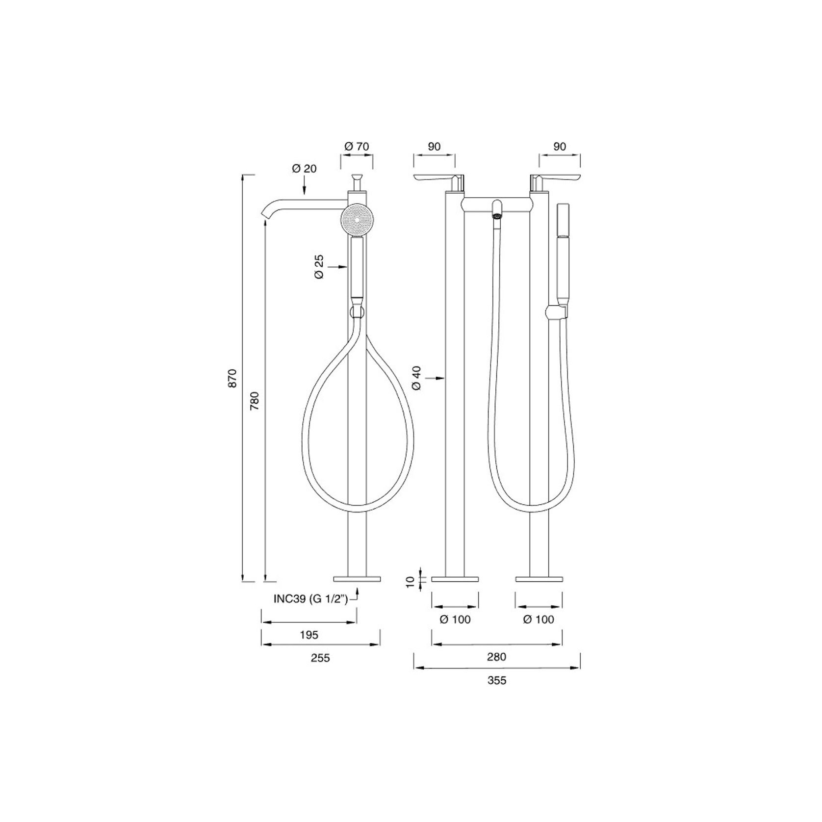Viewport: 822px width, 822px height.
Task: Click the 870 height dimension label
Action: (233, 378)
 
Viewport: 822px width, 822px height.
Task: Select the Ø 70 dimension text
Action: (357, 146)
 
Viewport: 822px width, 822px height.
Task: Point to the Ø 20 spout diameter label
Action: (304, 168)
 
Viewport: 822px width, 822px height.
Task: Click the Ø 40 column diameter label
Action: (417, 378)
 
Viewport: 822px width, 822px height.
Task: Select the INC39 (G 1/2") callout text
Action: (310, 599)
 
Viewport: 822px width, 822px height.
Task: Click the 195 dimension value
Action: (309, 635)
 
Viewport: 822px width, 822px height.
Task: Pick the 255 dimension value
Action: (320, 658)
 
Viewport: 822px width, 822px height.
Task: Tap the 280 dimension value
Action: (496, 656)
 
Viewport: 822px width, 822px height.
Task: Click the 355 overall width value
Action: (497, 680)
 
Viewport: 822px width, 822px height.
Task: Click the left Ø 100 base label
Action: (455, 619)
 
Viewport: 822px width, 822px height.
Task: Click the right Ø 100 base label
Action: (539, 619)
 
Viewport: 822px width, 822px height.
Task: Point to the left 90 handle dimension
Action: (434, 146)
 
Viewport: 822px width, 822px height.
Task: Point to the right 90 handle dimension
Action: (560, 146)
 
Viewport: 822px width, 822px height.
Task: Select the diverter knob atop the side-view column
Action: (357, 177)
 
